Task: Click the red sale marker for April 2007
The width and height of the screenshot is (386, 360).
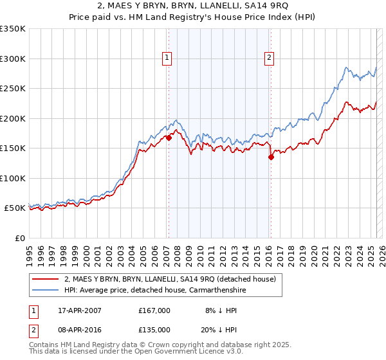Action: click(169, 138)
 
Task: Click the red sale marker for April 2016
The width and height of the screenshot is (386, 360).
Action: click(271, 156)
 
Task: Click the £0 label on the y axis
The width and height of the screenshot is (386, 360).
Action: click(19, 238)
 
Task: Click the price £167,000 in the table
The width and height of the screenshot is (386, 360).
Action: click(154, 310)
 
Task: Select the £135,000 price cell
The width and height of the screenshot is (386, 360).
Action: click(154, 330)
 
